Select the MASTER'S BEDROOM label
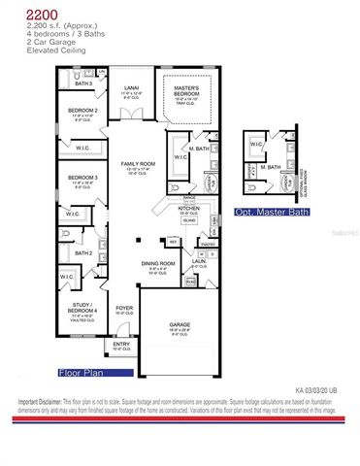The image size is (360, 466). coord(186,90)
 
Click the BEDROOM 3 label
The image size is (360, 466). coord(82,177)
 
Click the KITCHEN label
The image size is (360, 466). coord(188,208)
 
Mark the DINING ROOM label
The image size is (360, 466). coord(159,264)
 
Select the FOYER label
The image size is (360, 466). coord(123,309)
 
